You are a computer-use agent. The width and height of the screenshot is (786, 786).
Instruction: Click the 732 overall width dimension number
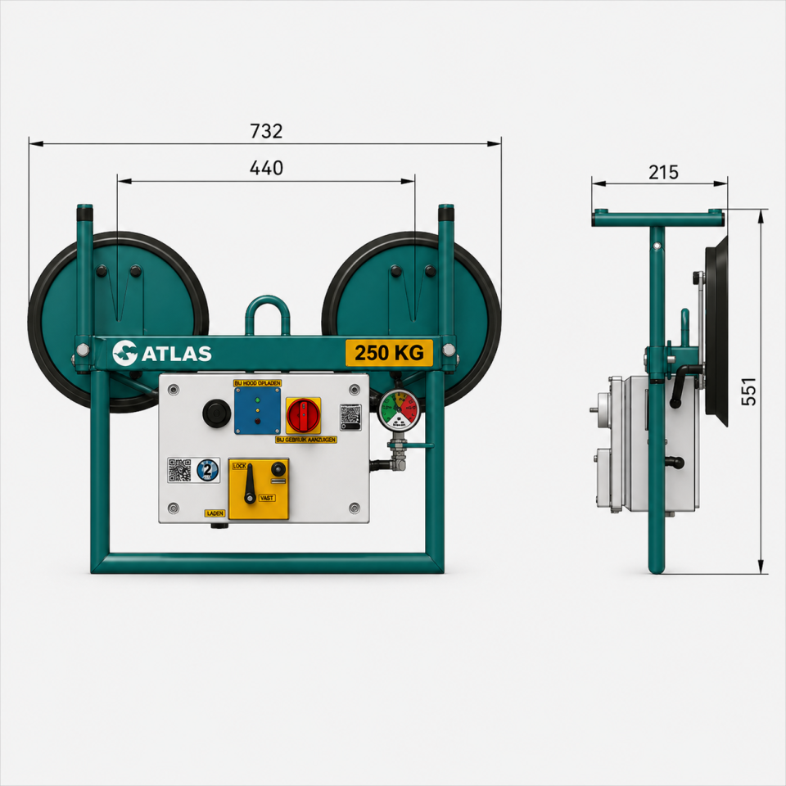tap(265, 131)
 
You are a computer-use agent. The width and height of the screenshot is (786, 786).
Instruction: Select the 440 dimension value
tap(266, 168)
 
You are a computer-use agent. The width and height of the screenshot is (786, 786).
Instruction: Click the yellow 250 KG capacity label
tap(389, 353)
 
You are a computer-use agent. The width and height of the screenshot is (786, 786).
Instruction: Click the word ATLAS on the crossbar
tap(178, 354)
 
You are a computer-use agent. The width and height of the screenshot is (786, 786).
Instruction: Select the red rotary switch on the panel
tap(303, 415)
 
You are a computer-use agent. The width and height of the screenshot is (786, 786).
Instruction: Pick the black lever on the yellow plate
tap(251, 482)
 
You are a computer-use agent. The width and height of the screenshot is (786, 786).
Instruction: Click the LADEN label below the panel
tap(215, 513)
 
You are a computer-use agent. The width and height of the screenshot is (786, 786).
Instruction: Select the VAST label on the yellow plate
tap(266, 498)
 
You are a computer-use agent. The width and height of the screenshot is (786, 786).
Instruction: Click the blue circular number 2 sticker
tap(207, 471)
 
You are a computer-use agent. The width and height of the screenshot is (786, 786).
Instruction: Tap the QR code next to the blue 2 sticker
tap(180, 470)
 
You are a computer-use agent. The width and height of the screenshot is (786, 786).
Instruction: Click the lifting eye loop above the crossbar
tap(268, 315)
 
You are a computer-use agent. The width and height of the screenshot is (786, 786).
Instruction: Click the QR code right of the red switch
tap(350, 415)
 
